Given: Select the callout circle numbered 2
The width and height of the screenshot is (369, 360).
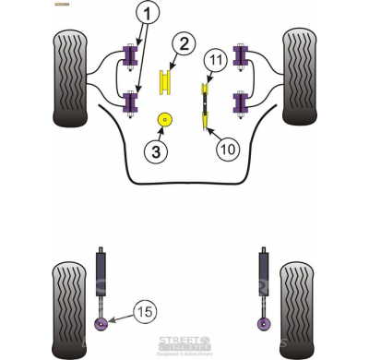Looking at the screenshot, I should pos(184,42).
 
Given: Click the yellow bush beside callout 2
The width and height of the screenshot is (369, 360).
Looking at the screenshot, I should pos(167,81).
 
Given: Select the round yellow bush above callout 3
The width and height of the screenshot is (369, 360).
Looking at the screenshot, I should pos(166,119).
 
